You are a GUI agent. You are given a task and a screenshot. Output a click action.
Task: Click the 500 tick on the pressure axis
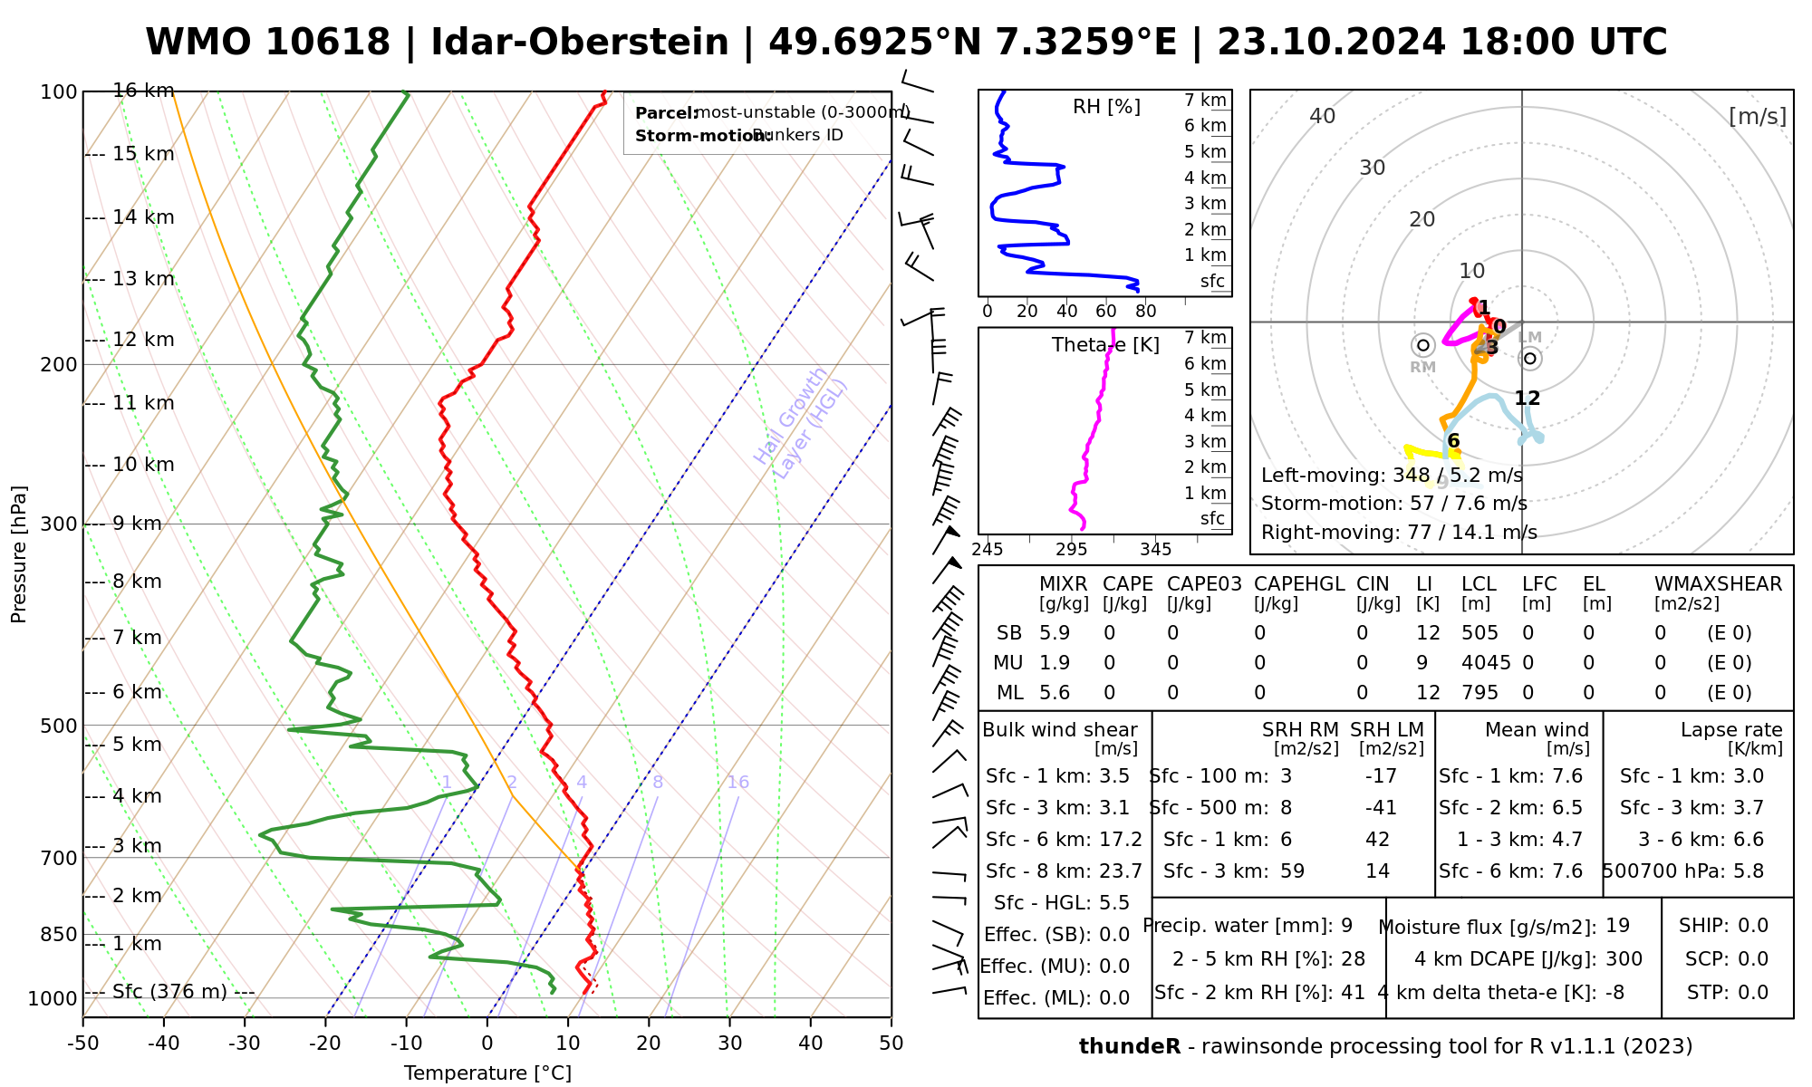coord(60,726)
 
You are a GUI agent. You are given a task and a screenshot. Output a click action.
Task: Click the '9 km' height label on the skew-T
coord(137,524)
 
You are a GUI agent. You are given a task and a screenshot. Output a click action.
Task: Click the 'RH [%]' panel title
coord(1106,107)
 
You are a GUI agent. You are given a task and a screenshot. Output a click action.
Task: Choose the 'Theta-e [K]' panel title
coord(1105,345)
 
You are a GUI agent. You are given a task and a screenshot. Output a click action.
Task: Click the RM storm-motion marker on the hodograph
coord(1423,345)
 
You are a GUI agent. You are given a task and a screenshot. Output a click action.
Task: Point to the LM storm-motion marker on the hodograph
coord(1530,358)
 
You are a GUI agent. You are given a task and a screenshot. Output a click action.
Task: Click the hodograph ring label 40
coord(1323,116)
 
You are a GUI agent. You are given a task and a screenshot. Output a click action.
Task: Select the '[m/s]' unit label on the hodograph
coord(1757,116)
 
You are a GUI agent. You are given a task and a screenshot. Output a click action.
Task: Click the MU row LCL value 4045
coord(1486,663)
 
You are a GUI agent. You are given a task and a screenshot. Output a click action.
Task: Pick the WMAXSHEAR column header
coord(1718,584)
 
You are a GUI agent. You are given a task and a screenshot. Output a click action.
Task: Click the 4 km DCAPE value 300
coord(1624,959)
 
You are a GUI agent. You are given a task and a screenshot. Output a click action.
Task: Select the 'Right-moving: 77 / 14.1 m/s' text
coord(1399,533)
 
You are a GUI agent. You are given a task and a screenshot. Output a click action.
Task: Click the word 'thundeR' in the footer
coord(1130,1047)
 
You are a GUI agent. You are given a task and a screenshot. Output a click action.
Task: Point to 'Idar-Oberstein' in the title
coord(580,43)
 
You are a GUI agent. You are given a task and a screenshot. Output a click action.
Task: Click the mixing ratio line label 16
coord(738,783)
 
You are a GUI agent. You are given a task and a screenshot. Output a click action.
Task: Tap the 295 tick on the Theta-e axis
coord(1071,549)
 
